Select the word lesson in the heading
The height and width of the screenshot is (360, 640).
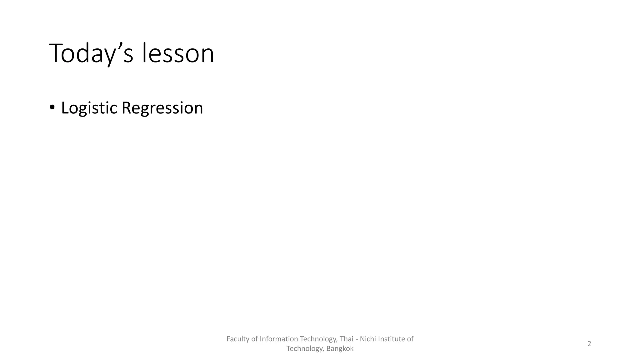pyautogui.click(x=178, y=53)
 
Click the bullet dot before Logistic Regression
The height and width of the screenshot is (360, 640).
pyautogui.click(x=52, y=107)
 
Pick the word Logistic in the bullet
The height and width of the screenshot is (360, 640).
pyautogui.click(x=89, y=108)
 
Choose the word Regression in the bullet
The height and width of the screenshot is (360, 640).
pyautogui.click(x=162, y=108)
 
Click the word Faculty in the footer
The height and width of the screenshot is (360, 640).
pyautogui.click(x=238, y=339)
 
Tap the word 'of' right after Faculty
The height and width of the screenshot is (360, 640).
pyautogui.click(x=255, y=339)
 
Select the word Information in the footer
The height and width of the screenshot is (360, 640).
pyautogui.click(x=279, y=339)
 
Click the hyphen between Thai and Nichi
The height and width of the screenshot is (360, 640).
pyautogui.click(x=357, y=339)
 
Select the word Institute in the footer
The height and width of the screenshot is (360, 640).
pyautogui.click(x=391, y=339)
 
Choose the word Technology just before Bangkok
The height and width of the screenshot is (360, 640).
pyautogui.click(x=305, y=349)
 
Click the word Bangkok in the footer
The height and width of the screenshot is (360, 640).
pyautogui.click(x=340, y=349)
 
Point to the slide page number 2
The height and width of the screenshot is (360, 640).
pyautogui.click(x=589, y=344)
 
